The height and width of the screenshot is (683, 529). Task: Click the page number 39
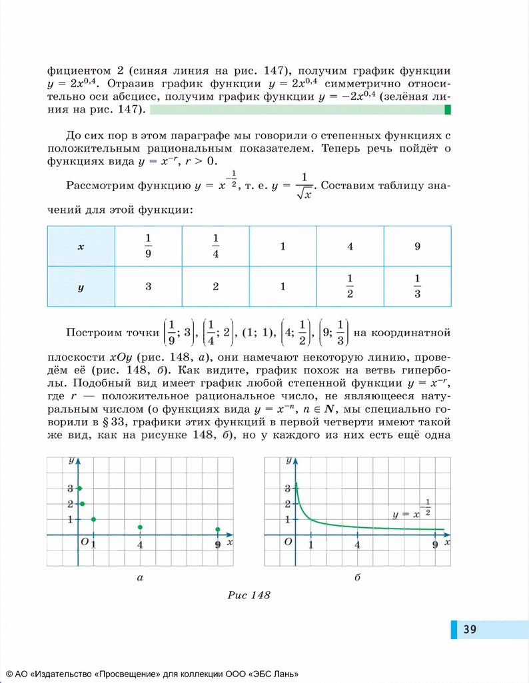470,629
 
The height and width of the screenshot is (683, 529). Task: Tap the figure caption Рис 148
249,595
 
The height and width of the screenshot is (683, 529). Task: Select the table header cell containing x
81,246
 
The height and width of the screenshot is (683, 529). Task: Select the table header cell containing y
81,287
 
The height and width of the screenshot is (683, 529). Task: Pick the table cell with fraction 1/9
148,246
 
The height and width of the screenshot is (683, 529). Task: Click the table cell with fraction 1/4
215,246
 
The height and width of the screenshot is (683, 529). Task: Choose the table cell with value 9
417,246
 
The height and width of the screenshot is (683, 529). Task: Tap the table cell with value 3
148,287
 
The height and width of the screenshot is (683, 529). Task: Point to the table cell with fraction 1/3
417,287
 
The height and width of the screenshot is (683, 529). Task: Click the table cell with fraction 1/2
350,287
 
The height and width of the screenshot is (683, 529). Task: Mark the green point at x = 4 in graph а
140,527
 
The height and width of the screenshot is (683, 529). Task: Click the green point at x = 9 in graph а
218,530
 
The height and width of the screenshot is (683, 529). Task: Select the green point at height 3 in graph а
79,489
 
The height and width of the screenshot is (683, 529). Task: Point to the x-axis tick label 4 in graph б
358,545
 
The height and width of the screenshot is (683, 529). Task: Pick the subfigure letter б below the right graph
358,578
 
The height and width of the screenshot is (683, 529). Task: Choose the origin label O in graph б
288,543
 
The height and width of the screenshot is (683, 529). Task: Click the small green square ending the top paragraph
448,109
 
